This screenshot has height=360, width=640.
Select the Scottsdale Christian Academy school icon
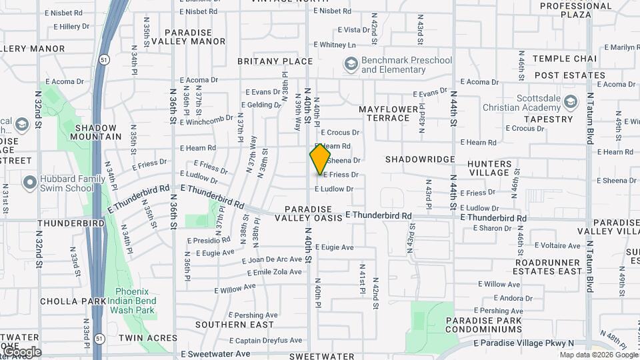(x=570, y=102)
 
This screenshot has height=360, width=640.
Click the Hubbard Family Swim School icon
(x=29, y=182)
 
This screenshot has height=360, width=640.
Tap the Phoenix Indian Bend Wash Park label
(x=135, y=301)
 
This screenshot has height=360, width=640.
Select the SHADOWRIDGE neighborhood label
(x=420, y=160)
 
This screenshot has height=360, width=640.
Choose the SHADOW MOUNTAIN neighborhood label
(x=98, y=132)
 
